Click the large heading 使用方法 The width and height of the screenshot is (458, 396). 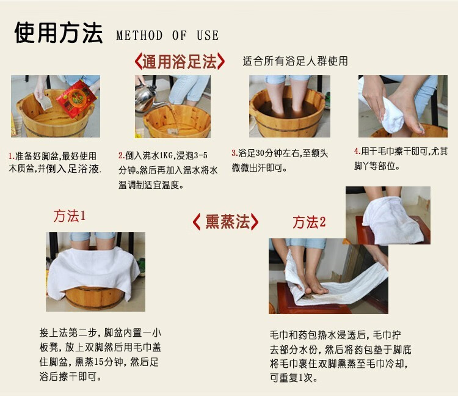pos(59,33)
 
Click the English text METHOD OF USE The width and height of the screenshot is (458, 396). pos(167,35)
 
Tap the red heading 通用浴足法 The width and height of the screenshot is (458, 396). pos(180,61)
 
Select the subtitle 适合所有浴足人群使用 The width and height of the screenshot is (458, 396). pos(296,61)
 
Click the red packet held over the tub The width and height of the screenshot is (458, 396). pos(76,99)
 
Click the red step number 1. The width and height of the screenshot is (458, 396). pos(11,156)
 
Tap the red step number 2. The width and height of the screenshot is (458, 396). pos(122,156)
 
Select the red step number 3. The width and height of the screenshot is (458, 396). pos(234,153)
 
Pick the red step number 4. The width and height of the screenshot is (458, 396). pos(357,152)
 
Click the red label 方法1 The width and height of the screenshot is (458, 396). pos(69,216)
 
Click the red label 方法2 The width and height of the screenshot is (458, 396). pos(309,222)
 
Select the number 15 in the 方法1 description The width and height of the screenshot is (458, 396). pos(100,362)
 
